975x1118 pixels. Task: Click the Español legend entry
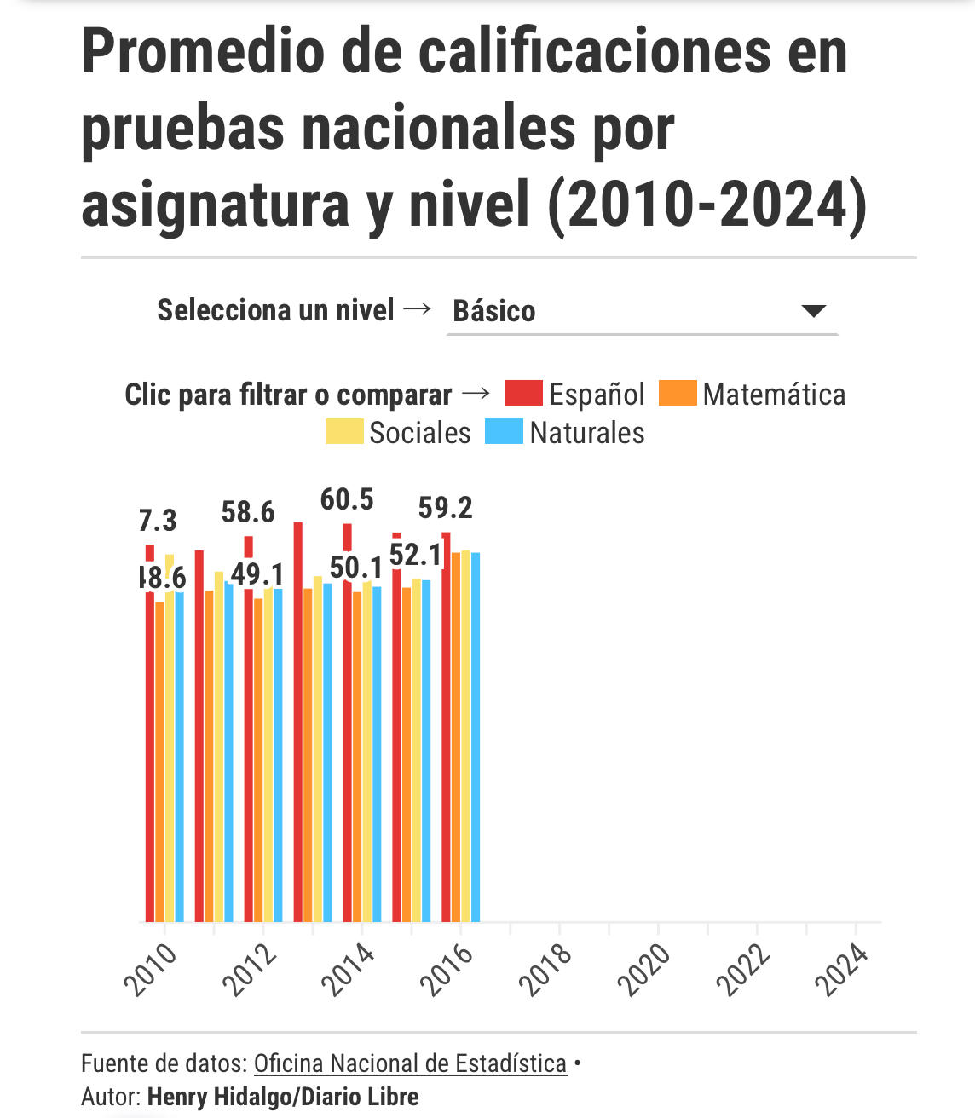(x=575, y=394)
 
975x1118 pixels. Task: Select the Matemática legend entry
(x=753, y=394)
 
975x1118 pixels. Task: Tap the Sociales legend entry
(x=398, y=432)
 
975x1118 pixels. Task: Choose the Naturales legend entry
(x=565, y=432)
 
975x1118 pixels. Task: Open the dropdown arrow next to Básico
(x=814, y=311)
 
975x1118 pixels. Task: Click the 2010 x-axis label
(x=152, y=970)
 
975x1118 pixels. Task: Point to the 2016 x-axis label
(x=447, y=970)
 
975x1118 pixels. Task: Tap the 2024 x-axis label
(x=842, y=970)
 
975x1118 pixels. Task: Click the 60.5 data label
(x=347, y=499)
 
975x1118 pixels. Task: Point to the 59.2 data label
(x=445, y=508)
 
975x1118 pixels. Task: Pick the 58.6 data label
(x=248, y=512)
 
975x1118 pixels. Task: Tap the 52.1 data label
(x=416, y=555)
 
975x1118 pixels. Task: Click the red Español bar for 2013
(x=298, y=724)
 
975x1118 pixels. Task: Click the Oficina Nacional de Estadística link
(x=410, y=1063)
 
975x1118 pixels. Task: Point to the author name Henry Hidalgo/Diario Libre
(x=283, y=1097)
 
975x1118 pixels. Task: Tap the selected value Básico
(x=494, y=311)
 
